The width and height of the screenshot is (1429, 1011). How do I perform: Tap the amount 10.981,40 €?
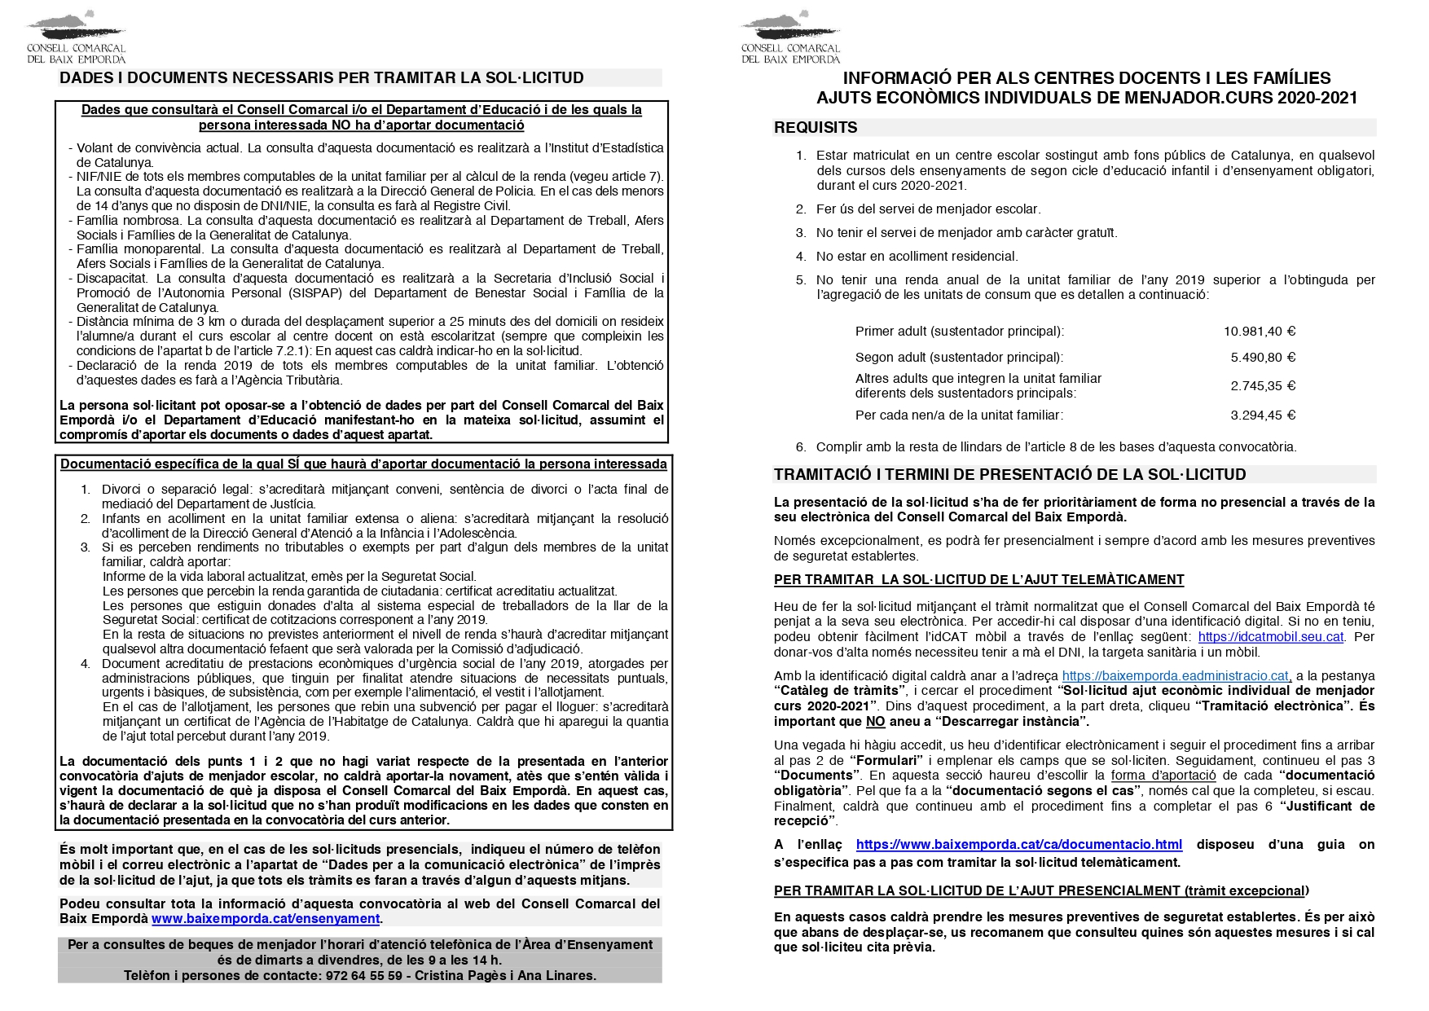click(1259, 332)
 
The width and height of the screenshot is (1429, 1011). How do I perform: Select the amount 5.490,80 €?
click(1262, 358)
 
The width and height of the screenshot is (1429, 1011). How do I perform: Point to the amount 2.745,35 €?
click(1262, 386)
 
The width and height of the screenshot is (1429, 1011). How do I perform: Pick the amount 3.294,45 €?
click(1262, 415)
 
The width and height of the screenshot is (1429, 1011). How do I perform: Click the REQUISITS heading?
click(816, 128)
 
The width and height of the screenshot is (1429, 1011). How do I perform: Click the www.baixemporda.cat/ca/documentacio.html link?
click(1018, 845)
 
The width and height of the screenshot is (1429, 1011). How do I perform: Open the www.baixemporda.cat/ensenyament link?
click(266, 919)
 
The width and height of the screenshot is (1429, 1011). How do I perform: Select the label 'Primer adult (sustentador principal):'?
click(959, 332)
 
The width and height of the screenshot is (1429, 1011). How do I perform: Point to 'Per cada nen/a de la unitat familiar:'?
click(959, 415)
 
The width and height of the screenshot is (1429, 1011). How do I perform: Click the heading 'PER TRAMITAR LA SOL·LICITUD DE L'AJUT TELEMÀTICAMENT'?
click(978, 580)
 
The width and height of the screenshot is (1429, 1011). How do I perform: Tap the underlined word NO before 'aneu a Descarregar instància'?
click(875, 722)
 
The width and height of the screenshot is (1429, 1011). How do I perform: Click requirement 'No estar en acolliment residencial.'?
click(917, 257)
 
